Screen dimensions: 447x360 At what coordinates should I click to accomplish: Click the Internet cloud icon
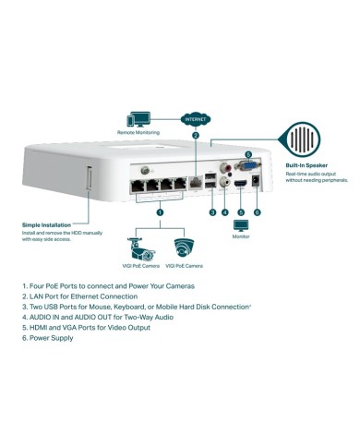point(195,118)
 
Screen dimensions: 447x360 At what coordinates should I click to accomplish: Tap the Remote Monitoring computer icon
point(140,119)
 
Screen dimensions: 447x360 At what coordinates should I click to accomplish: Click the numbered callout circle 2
point(195,136)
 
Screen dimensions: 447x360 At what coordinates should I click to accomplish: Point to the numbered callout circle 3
point(212,211)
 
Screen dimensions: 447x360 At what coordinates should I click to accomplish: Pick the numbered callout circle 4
point(225,211)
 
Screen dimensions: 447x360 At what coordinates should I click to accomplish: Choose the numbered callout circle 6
point(257,211)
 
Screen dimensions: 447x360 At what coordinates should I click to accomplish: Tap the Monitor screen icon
point(241,227)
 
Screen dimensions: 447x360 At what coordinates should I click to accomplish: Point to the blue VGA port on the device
point(247,167)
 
